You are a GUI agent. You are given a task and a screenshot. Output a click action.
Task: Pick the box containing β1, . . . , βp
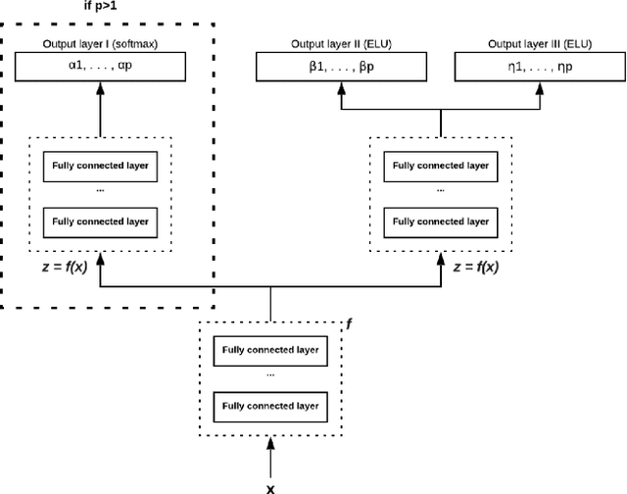tap(342, 67)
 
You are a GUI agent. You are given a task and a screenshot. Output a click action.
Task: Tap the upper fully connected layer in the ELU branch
tap(440, 167)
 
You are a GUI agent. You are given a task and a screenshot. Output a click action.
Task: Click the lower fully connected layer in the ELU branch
tap(440, 222)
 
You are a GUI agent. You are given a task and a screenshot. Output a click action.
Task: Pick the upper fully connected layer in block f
tap(271, 350)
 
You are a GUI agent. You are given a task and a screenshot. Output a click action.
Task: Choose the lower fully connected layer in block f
tap(271, 405)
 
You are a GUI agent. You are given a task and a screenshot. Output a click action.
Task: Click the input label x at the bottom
tap(271, 485)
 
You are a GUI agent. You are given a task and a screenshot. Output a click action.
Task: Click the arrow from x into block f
tap(271, 455)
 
